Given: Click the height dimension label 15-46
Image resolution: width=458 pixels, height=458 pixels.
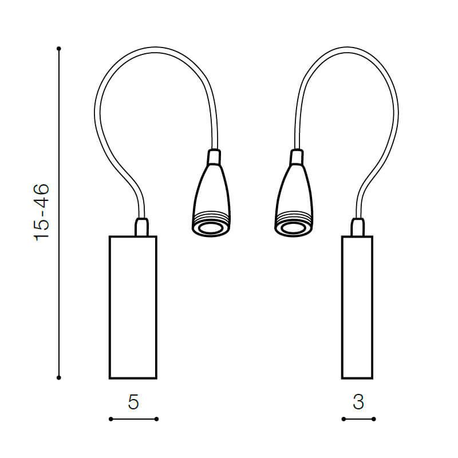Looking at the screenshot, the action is [x=41, y=212].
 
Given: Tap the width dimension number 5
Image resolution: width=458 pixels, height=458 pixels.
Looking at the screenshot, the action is [x=133, y=402].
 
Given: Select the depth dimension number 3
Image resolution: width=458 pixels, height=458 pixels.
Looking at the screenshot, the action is [x=358, y=402].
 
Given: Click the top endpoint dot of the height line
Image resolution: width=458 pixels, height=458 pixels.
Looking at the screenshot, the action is [x=59, y=49].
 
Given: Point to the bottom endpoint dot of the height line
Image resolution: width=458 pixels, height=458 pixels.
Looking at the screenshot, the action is [x=59, y=378].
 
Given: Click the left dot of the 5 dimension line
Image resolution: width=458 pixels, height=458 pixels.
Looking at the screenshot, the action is [x=110, y=419].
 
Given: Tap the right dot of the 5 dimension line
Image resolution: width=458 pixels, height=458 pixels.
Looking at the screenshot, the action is [x=156, y=419].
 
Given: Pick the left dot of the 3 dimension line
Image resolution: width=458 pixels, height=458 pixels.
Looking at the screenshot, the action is [x=343, y=419].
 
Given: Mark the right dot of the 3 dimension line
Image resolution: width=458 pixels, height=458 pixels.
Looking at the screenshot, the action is [x=374, y=419].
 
